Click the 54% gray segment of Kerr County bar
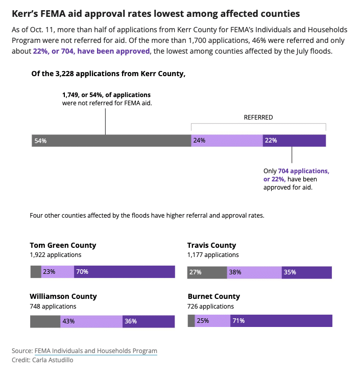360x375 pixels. pos(111,140)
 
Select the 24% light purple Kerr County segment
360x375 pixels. pos(227,140)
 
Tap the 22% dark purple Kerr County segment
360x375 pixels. pos(294,140)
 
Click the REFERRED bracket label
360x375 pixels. pos(258,117)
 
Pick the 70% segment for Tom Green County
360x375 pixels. pos(124,272)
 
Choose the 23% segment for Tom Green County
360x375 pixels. pos(58,272)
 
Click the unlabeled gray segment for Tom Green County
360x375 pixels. pos(36,272)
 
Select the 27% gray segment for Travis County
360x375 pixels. pos(207,272)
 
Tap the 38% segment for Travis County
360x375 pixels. pos(254,272)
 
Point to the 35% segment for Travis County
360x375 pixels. pos(306,272)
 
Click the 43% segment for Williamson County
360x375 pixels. pos(91,321)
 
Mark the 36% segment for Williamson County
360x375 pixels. pos(148,321)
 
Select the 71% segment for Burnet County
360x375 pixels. pos(281,321)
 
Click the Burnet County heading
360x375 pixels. pos(213,296)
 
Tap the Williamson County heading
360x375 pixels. pos(63,296)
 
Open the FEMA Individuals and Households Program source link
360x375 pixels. pos(96,351)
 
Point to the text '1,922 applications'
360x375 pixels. pos(56,254)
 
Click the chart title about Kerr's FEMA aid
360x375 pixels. pos(156,13)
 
